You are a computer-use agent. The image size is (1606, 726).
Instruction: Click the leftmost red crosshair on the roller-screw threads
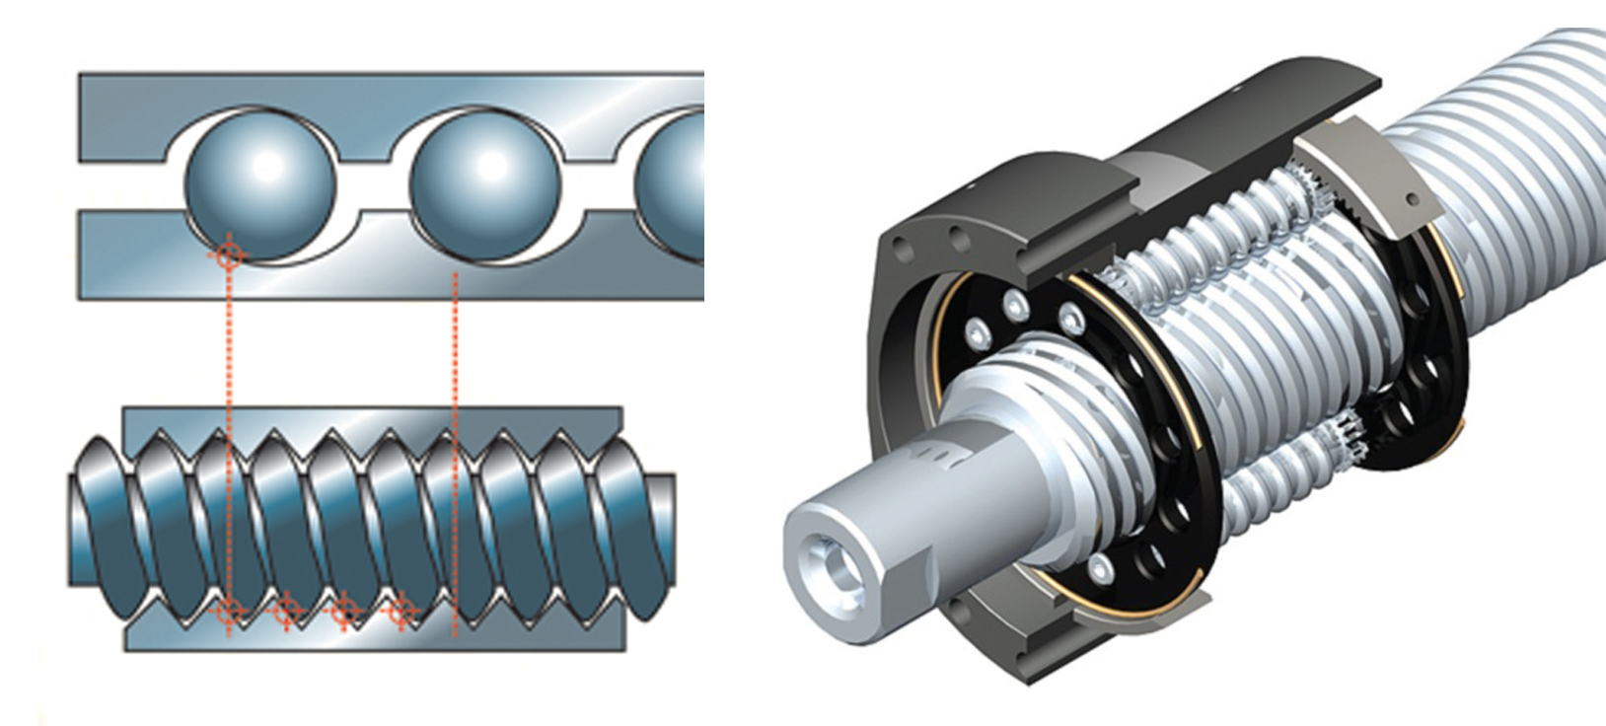coord(228,612)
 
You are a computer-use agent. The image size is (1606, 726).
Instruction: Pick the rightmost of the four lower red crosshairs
coord(401,613)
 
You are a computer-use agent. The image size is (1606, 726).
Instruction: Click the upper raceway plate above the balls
coord(395,89)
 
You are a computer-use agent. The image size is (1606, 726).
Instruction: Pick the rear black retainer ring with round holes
coord(1421,375)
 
